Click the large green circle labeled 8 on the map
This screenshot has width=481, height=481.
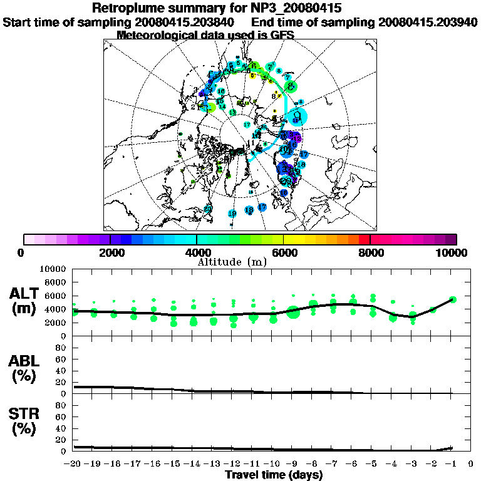[291, 86]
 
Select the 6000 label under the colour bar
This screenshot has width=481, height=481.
[284, 253]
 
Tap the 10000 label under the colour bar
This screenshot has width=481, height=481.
[453, 253]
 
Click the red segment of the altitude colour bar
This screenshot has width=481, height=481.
[364, 239]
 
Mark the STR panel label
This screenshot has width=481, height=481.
[26, 422]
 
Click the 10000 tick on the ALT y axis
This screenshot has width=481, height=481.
[53, 269]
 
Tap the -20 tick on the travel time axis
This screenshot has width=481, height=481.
[73, 464]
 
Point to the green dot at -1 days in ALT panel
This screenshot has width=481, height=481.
[453, 299]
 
